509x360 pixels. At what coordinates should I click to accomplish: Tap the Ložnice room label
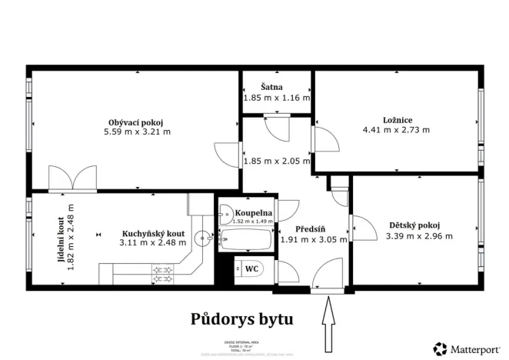(x=398, y=119)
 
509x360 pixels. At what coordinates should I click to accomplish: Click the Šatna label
(x=276, y=88)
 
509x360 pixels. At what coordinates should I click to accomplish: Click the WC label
(x=251, y=269)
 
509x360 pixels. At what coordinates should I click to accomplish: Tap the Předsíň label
(x=311, y=228)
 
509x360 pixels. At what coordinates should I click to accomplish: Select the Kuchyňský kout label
(x=153, y=234)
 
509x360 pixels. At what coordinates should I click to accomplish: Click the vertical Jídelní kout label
(x=61, y=240)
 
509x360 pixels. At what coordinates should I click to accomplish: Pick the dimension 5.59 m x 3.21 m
(x=138, y=132)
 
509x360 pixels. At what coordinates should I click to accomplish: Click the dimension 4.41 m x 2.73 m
(x=398, y=129)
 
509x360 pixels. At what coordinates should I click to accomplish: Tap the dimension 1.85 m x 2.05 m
(x=276, y=162)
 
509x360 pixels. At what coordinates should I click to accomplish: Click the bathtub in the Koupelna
(x=245, y=242)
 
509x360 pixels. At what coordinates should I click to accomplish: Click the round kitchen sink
(x=203, y=238)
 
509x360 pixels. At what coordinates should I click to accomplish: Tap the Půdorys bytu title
(x=241, y=318)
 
